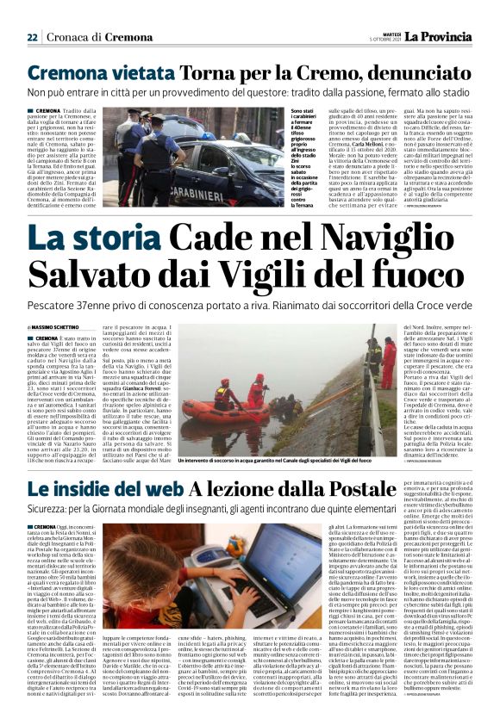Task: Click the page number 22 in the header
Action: (x=33, y=38)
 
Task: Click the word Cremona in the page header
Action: (x=128, y=38)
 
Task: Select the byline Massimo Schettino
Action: (x=57, y=329)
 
